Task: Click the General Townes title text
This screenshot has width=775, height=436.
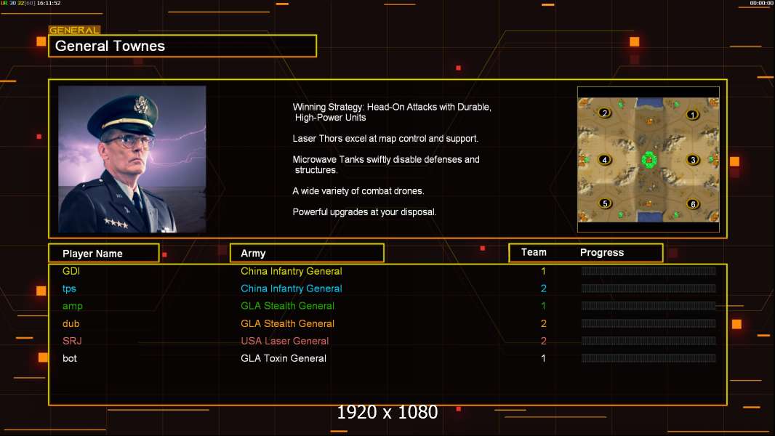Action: tap(111, 46)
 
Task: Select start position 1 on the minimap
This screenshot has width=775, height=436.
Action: tap(692, 114)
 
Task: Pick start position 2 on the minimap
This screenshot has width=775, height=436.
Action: tap(604, 113)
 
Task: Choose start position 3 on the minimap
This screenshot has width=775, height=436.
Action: tap(693, 160)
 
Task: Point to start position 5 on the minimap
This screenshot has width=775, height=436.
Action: tap(605, 203)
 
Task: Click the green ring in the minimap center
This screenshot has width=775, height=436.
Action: tap(648, 159)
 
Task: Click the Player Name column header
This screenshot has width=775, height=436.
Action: tap(92, 254)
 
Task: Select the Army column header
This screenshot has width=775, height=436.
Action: tap(253, 254)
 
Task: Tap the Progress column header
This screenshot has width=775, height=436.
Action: tap(601, 253)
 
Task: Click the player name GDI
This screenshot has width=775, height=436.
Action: tap(71, 271)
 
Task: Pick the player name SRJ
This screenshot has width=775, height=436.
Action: tap(72, 341)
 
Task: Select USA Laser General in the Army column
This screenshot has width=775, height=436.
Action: tap(284, 341)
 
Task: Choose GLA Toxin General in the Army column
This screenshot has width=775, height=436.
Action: tap(283, 358)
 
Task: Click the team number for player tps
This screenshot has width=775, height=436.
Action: tap(543, 288)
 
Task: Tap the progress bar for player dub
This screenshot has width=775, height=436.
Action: tap(648, 323)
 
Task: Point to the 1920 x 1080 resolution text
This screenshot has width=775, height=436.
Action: tap(387, 412)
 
